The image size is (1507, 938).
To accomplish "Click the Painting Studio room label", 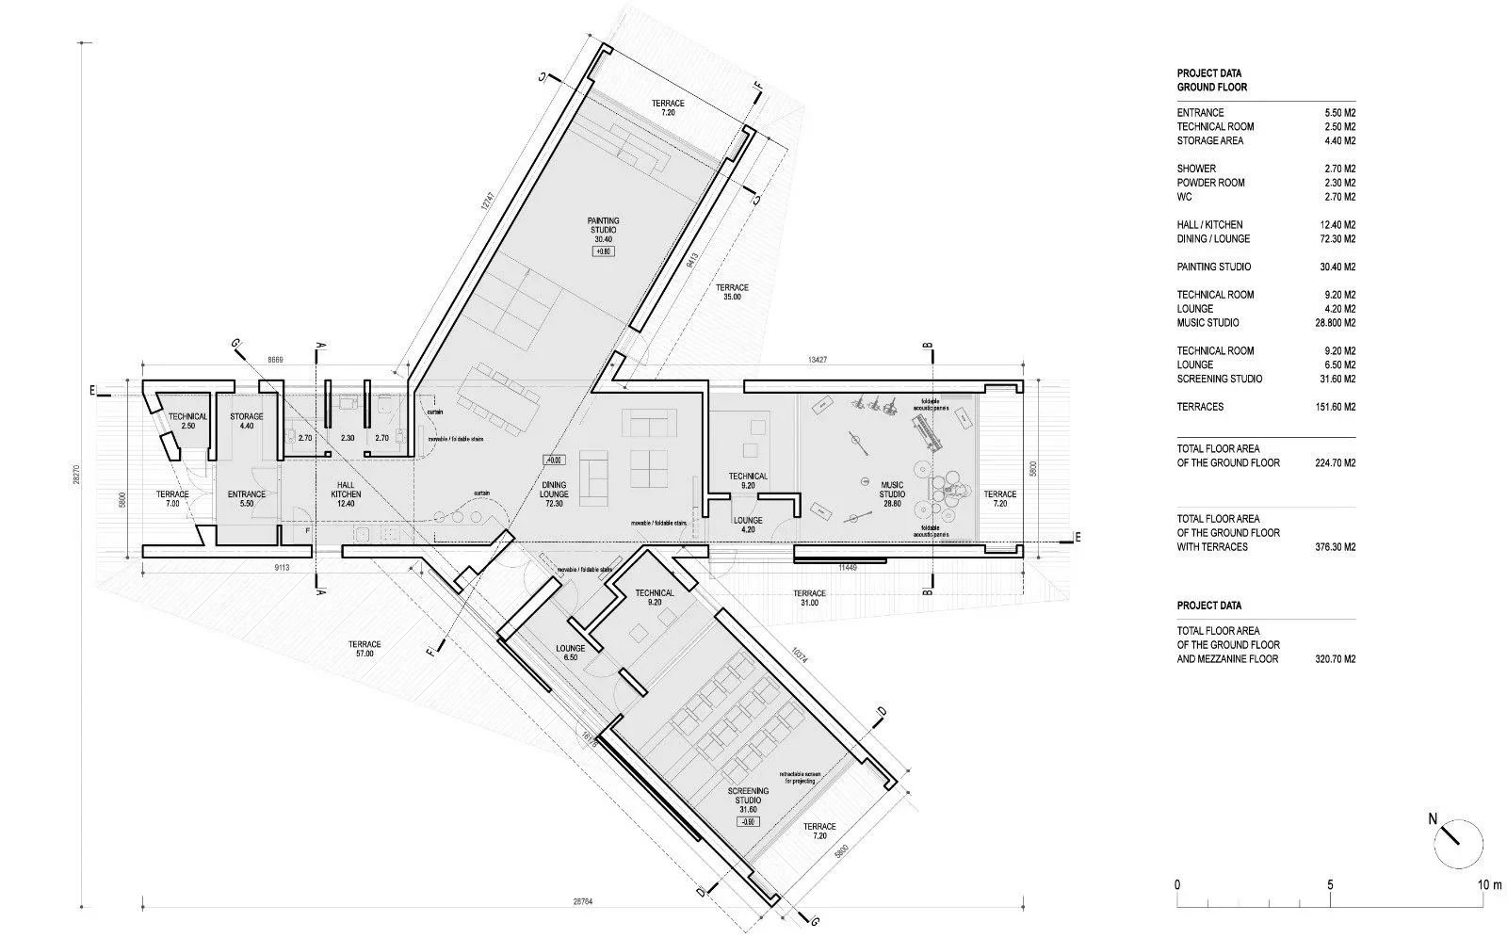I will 605,230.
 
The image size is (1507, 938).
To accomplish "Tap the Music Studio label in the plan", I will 892,494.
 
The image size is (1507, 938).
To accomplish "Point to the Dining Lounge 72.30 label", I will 554,493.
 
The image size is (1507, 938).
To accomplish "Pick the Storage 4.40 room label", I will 247,421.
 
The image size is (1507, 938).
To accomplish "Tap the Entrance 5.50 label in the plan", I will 247,498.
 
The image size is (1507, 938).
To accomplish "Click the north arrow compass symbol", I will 1457,845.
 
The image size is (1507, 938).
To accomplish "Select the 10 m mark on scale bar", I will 1489,884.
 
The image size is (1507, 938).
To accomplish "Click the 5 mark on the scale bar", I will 1330,884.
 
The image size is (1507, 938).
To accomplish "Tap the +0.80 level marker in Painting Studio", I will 604,251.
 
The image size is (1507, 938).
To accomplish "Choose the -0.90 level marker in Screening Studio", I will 748,821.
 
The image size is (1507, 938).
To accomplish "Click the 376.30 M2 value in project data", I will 1336,546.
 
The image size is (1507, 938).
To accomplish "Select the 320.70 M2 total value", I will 1336,659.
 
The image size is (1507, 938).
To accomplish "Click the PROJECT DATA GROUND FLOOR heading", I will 1211,80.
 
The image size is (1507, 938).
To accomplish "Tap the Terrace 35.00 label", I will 732,292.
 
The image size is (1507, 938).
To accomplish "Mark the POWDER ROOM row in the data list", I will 1210,183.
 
